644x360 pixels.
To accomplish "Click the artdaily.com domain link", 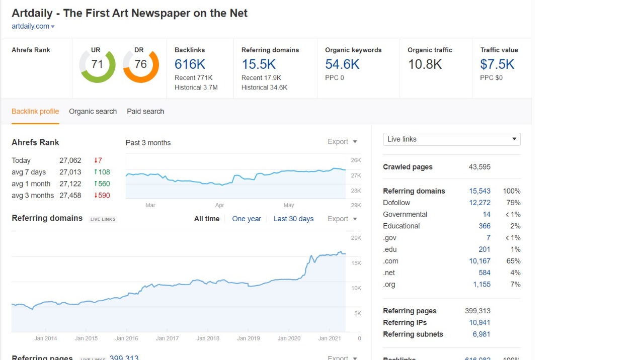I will [30, 26].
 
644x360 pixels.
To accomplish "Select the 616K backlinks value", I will [190, 64].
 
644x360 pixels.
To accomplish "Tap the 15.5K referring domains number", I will [258, 64].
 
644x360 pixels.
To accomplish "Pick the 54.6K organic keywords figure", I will [342, 64].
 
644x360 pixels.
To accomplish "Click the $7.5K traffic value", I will [497, 64].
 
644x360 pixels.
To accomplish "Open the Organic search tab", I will [93, 112].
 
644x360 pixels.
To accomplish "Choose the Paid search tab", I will [145, 112].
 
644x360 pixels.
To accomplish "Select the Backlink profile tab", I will [35, 112].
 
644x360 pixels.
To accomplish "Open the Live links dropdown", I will [451, 139].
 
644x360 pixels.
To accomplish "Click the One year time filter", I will [247, 219].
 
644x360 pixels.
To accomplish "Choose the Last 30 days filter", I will [293, 219].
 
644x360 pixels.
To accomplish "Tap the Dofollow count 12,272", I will [479, 203].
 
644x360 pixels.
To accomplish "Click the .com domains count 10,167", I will [479, 261].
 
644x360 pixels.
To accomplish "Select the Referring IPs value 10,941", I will [479, 323].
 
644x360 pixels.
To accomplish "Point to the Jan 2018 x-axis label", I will [208, 338].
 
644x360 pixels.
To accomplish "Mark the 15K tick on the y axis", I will [356, 263].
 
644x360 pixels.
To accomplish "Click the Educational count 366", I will [484, 226].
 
